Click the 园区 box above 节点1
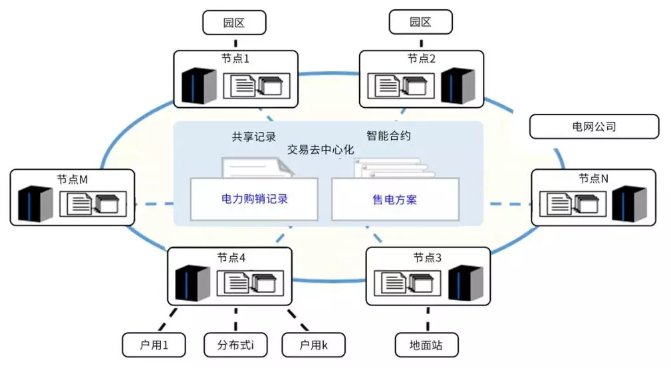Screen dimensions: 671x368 234,23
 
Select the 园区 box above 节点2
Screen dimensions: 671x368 421,22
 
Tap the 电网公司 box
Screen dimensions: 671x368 594,126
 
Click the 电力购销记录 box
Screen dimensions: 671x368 254,199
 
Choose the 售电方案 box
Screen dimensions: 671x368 395,200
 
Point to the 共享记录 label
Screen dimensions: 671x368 254,136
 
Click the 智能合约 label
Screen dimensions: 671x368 388,136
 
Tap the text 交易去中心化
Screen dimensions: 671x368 321,150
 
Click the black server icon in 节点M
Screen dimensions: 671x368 35,204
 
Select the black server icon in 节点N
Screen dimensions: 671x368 630,204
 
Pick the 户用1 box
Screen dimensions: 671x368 154,345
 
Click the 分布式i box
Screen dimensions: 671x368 236,345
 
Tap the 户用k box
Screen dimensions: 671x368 314,345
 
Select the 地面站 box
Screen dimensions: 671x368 426,345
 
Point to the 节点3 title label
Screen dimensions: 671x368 427,258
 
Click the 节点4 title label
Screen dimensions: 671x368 231,258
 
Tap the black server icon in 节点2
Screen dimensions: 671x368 458,85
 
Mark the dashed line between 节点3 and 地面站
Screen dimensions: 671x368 428,319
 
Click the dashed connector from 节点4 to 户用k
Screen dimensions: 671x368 298,319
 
